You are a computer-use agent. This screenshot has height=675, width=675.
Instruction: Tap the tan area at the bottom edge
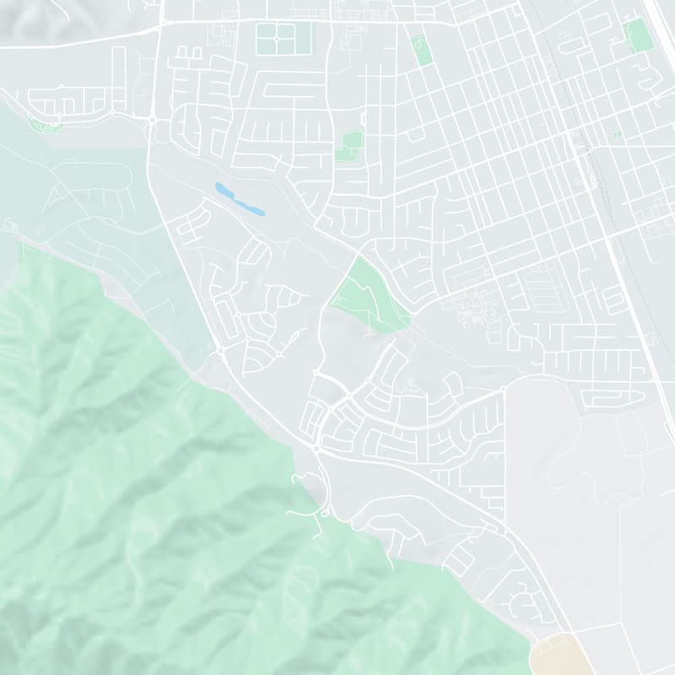[x=562, y=655]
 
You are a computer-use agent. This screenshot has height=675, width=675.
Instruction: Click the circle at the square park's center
[x=276, y=38]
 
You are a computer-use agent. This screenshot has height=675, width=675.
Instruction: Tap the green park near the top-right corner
[x=639, y=35]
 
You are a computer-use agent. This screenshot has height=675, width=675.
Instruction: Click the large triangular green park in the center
[x=369, y=295]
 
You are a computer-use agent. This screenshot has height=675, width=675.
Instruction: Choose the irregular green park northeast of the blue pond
[x=349, y=146]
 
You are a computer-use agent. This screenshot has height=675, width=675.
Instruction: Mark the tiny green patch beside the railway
[x=618, y=134]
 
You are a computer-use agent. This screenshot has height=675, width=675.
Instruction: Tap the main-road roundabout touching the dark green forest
[x=220, y=348]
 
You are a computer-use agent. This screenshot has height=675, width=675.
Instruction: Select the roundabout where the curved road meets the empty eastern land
[x=504, y=390]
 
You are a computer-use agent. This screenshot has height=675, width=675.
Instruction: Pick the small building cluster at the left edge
[x=11, y=226]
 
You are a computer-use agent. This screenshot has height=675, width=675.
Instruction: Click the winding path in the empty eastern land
[x=591, y=472]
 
